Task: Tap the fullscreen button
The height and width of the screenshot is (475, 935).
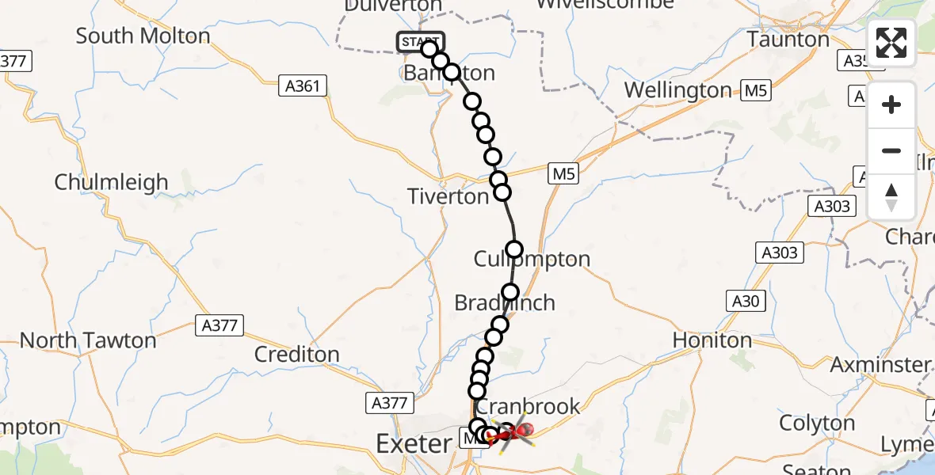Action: click(x=891, y=44)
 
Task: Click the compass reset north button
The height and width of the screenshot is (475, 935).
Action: click(x=891, y=197)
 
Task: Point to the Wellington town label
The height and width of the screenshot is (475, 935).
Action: click(x=677, y=90)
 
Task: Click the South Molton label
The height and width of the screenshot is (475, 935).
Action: click(x=143, y=36)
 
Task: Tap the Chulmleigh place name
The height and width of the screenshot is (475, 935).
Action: click(x=111, y=182)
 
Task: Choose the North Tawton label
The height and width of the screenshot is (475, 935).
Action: click(x=88, y=340)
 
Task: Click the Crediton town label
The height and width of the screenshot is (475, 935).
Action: click(x=296, y=354)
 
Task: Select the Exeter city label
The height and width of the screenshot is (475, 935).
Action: click(x=413, y=444)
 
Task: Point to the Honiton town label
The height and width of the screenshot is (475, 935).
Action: click(x=712, y=340)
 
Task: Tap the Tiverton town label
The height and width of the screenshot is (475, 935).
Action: click(x=448, y=196)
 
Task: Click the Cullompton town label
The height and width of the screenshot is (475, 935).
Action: click(x=532, y=259)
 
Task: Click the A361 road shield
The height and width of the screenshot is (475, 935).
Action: click(x=304, y=85)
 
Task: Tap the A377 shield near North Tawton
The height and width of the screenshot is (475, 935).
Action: click(x=220, y=325)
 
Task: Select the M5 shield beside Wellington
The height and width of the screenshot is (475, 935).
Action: click(x=755, y=90)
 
